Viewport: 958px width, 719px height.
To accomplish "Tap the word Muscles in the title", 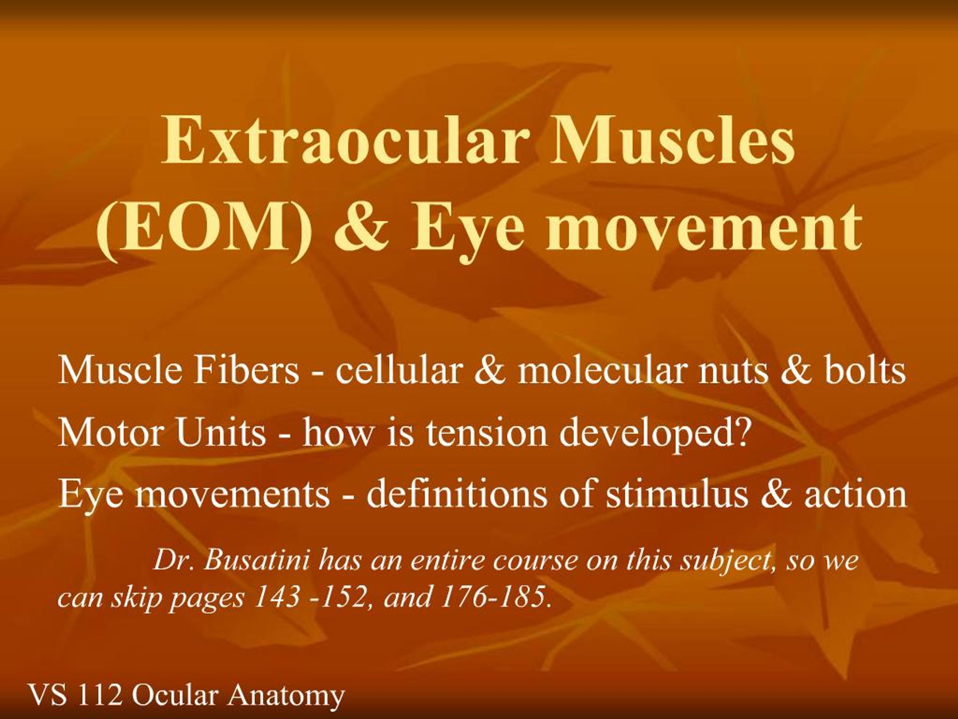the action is [x=672, y=140].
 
